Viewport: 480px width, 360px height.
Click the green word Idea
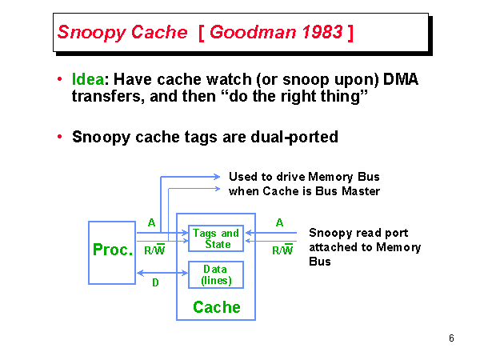coord(88,80)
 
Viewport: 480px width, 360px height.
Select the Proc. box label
coord(113,250)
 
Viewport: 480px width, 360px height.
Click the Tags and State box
coord(216,238)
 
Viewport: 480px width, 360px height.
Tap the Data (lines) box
coord(216,274)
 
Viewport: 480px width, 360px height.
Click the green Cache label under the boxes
coord(216,307)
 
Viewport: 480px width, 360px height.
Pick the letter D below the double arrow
coord(155,282)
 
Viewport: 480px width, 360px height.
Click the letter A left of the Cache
coord(152,222)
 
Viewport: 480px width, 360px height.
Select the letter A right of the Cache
coord(279,222)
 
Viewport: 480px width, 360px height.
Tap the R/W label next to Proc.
coord(154,250)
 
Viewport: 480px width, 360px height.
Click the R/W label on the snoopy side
coord(282,250)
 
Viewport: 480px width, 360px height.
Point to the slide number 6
coord(451,338)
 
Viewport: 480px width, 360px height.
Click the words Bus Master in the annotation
coord(350,191)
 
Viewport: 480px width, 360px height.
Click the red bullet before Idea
coord(60,80)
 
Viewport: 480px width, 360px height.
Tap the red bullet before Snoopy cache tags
coord(60,137)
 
